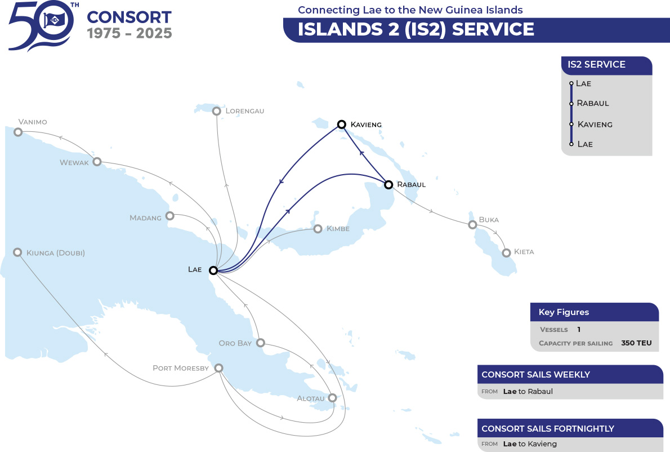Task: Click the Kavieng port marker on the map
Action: coord(341,125)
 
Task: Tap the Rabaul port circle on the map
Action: coord(388,185)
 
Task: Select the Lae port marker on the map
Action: coord(213,271)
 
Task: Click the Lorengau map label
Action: coord(245,111)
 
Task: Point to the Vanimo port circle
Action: coord(18,132)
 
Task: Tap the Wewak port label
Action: coord(74,162)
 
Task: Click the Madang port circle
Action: coord(169,215)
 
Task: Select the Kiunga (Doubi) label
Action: coord(56,252)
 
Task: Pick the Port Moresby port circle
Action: coord(219,368)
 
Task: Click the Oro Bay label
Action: coord(235,343)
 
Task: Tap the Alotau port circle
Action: coord(332,398)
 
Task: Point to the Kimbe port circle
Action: coord(318,229)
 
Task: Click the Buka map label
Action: coord(489,220)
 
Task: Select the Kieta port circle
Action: coord(506,252)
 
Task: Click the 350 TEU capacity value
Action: coord(636,343)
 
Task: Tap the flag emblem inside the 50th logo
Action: coord(54,19)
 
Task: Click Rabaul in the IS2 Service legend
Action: coord(593,103)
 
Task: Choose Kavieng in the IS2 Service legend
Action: coord(595,125)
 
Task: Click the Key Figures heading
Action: coord(564,312)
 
